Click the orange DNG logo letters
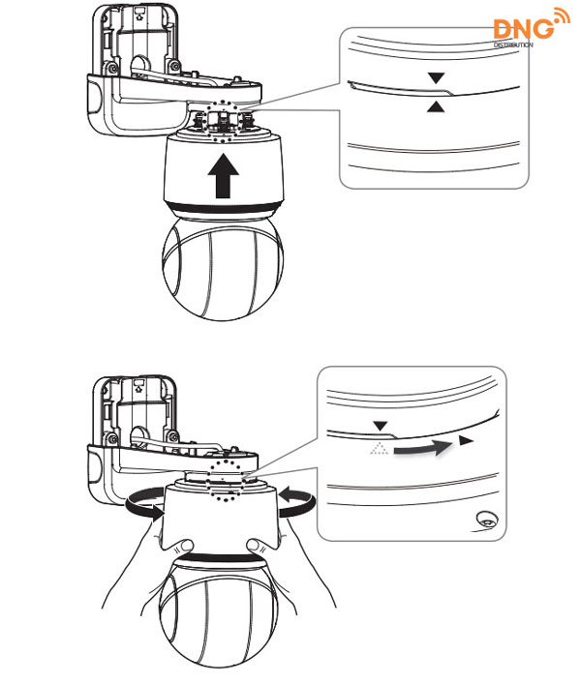523,29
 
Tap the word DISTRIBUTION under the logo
513,45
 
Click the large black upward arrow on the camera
223,175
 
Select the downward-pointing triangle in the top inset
436,78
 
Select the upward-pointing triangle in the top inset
435,106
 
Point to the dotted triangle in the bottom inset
380,448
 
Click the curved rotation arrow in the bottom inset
421,448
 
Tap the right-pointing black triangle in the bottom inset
466,440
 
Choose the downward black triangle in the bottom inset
381,427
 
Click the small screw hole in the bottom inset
487,519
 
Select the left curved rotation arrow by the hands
144,503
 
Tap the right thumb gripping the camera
258,546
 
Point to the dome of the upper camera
223,268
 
